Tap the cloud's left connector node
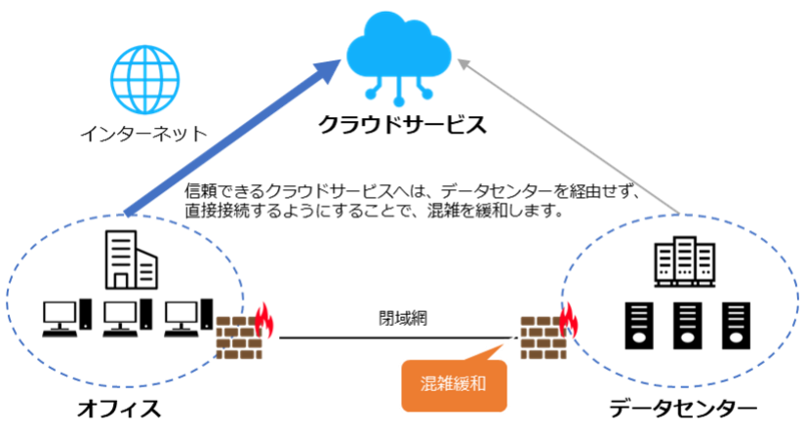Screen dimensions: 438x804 point(372,95)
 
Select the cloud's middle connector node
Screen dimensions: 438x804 point(399,101)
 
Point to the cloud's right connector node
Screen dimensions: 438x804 point(426,95)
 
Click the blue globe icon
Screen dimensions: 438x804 point(145,80)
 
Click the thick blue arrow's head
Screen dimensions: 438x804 point(327,71)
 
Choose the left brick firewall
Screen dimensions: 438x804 point(238,338)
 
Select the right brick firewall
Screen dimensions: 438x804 point(543,338)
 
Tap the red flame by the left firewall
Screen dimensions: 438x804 point(264,322)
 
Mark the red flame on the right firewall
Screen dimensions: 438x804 point(567,320)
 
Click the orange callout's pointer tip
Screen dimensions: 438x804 point(516,337)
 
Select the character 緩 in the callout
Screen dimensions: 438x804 point(462,382)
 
